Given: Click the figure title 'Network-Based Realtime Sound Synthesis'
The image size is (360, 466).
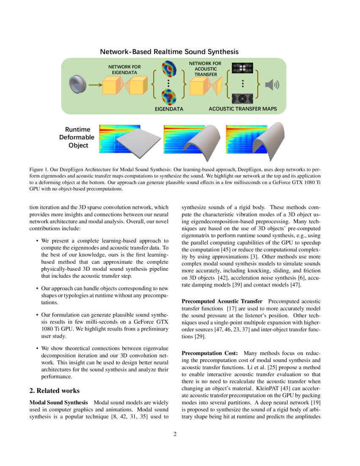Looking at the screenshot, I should [169, 52].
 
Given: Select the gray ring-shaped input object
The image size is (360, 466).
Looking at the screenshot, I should [79, 85].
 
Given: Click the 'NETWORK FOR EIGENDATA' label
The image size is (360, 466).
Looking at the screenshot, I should [125, 69].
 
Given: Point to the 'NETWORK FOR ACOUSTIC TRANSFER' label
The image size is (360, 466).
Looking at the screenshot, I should [205, 69].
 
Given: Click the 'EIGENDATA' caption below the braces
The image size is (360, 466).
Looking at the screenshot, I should [169, 109].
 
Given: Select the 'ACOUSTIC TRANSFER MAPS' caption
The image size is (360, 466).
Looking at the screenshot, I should [243, 109].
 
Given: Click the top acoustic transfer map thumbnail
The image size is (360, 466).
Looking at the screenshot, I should [242, 68].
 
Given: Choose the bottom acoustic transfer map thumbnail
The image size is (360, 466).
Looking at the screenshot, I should [242, 98].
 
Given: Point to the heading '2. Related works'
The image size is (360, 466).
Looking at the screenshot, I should [54, 390].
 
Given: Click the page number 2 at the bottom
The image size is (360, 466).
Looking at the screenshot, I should [175, 434].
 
